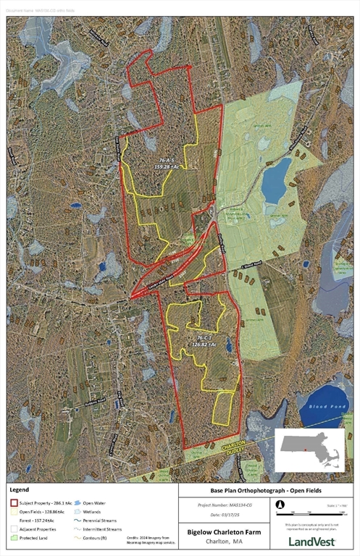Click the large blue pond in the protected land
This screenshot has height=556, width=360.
(275, 180)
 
